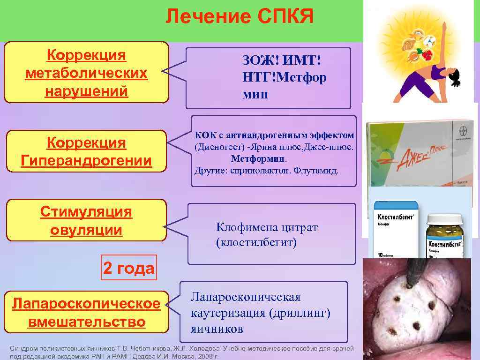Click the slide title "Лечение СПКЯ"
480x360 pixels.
pos(240,17)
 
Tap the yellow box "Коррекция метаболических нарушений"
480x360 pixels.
pos(86,73)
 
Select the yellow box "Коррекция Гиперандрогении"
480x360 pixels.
pos(86,151)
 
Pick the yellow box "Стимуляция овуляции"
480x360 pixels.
pos(86,220)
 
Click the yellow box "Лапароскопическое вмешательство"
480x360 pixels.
pos(86,313)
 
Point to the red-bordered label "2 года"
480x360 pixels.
pos(128,268)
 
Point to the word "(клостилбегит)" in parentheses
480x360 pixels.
pos(256,243)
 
